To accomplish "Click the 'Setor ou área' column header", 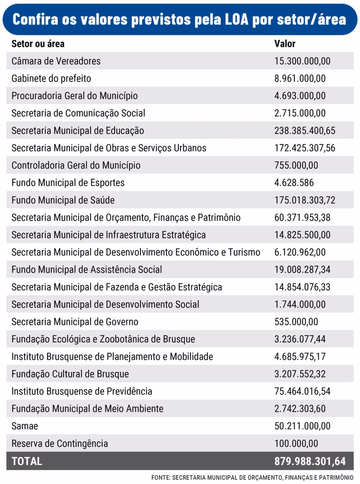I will click(38, 44).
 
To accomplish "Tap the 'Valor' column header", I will click(285, 44).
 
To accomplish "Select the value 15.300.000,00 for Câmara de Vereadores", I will click(302, 61).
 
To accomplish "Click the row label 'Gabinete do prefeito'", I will click(51, 78).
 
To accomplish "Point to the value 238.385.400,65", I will click(305, 131).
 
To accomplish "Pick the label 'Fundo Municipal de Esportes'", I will click(68, 183).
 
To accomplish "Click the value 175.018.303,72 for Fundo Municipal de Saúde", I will click(305, 200).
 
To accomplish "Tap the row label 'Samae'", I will click(25, 426).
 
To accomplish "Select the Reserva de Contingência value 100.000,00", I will click(296, 444).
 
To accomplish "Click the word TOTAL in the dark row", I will click(27, 462).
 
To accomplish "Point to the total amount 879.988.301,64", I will click(310, 462).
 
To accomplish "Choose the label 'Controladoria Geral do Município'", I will click(76, 165).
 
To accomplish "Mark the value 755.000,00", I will click(296, 165).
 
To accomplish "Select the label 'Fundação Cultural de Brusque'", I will click(70, 374).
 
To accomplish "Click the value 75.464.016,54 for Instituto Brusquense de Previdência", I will click(302, 392).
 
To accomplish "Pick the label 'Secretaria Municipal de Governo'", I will click(75, 322).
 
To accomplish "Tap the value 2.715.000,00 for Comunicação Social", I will click(300, 113).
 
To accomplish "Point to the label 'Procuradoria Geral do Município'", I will click(75, 96).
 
